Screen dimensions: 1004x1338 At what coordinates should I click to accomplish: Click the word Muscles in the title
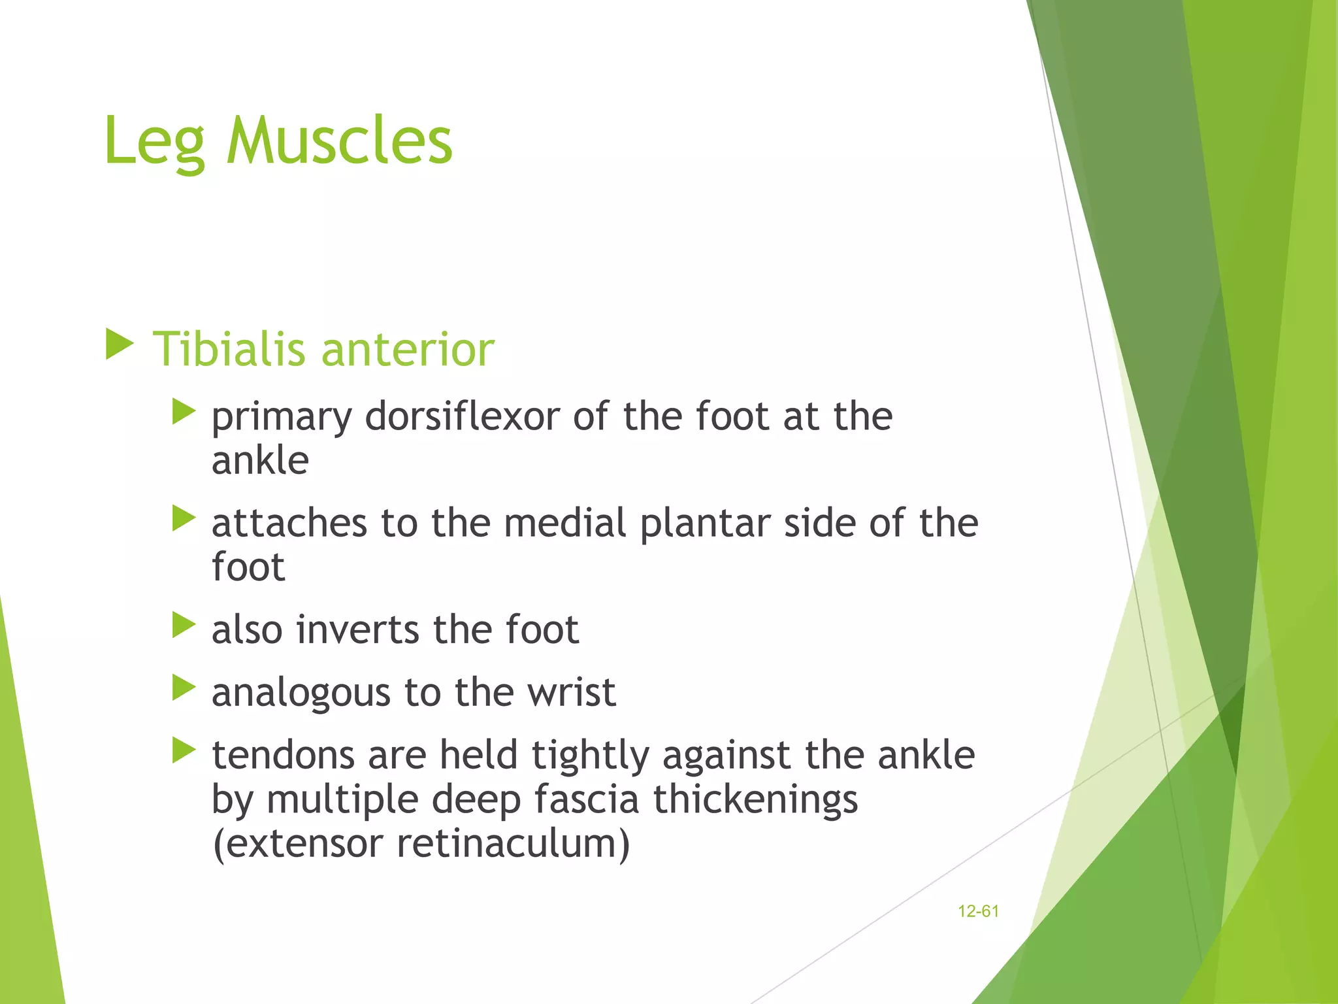pyautogui.click(x=339, y=141)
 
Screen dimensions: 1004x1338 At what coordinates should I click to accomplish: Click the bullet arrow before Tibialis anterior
pyautogui.click(x=120, y=344)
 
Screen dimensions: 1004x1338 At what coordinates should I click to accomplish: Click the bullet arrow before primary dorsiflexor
pyautogui.click(x=184, y=412)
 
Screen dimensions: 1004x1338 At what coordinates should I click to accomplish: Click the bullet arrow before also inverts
pyautogui.click(x=184, y=625)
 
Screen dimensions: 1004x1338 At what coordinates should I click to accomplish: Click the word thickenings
pyautogui.click(x=755, y=800)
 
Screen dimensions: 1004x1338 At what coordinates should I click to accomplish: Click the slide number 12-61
pyautogui.click(x=978, y=911)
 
